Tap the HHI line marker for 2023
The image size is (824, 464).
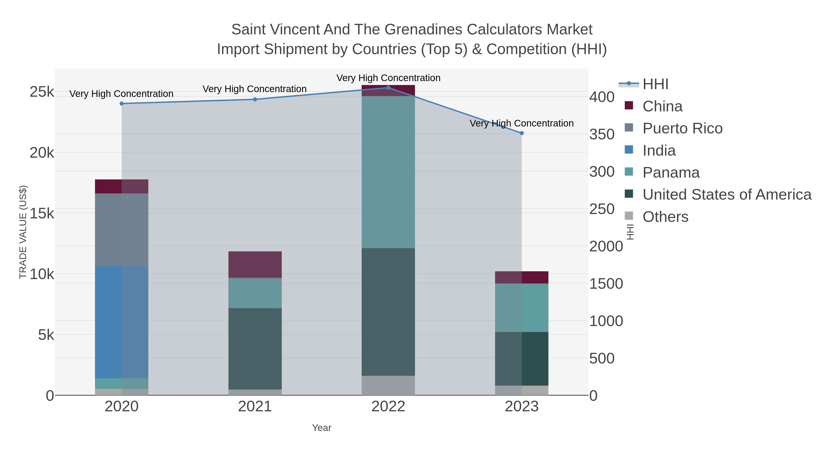pyautogui.click(x=521, y=133)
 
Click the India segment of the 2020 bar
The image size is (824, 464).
pyautogui.click(x=122, y=322)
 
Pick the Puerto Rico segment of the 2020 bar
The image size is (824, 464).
pyautogui.click(x=122, y=230)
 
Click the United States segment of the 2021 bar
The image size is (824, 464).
pyautogui.click(x=255, y=349)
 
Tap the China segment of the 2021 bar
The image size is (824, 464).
pyautogui.click(x=255, y=264)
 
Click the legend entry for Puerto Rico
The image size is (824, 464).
pyautogui.click(x=682, y=128)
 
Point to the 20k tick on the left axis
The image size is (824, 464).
pyautogui.click(x=42, y=153)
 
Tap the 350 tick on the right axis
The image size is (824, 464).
pyautogui.click(x=602, y=134)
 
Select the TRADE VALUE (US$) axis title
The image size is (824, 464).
pyautogui.click(x=23, y=232)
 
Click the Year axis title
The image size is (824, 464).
pyautogui.click(x=322, y=428)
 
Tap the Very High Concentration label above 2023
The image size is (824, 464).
pyautogui.click(x=521, y=123)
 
